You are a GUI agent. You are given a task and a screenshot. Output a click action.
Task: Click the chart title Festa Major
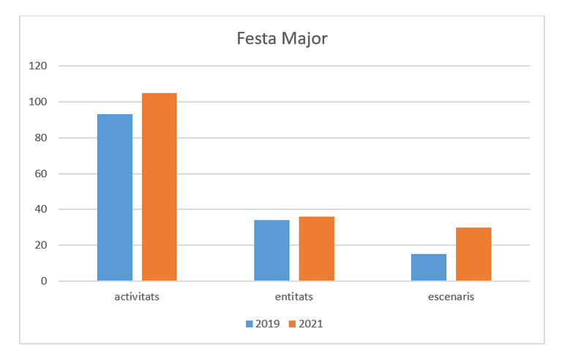point(282,38)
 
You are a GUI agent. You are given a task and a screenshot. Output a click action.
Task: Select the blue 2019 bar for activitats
point(115,198)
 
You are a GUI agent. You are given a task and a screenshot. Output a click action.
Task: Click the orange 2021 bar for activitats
point(160,187)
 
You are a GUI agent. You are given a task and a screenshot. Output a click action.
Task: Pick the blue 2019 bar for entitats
point(271,250)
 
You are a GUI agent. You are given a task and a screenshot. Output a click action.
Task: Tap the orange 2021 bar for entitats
point(316,249)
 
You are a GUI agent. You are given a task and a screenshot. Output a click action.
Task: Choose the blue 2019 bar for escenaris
point(429,268)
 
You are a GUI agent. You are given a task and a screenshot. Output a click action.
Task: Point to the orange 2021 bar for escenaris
point(473,254)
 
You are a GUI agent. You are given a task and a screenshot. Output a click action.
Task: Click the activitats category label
point(137,298)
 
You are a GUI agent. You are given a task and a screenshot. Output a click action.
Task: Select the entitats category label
point(294,298)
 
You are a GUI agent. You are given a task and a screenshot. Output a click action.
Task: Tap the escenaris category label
point(451,298)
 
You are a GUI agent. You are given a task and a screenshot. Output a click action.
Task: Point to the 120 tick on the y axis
point(38,66)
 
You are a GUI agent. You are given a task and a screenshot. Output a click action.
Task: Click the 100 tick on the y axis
point(38,102)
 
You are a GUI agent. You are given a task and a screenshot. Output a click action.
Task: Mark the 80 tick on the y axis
point(41,138)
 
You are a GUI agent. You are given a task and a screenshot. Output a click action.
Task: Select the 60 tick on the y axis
point(41,173)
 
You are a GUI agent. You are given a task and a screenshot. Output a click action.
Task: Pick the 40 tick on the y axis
point(41,209)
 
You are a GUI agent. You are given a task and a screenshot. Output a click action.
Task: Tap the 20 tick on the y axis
point(41,245)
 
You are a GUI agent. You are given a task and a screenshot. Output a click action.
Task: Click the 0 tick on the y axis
point(44,281)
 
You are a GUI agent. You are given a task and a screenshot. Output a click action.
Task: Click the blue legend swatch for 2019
point(249,323)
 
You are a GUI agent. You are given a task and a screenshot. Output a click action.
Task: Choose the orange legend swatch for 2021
point(292,323)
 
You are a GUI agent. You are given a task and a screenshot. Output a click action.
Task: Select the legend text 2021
point(310,323)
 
